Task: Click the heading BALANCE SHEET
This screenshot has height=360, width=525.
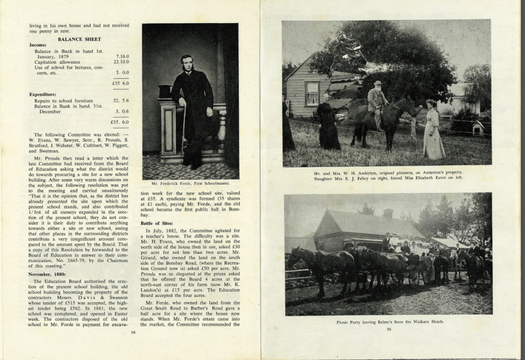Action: click(x=79, y=39)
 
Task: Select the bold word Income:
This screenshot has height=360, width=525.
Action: click(x=38, y=45)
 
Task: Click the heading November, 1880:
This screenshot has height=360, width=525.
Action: click(x=50, y=274)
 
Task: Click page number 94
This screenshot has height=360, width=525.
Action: click(x=133, y=332)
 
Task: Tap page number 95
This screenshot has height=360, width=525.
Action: click(x=388, y=329)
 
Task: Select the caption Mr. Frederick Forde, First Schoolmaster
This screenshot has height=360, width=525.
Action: click(x=190, y=183)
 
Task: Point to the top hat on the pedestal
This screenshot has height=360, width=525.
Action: click(x=165, y=91)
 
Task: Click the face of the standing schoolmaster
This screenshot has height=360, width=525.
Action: click(x=186, y=63)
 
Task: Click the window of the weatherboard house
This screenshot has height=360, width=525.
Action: click(x=312, y=93)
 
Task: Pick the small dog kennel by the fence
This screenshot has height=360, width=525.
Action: click(x=478, y=128)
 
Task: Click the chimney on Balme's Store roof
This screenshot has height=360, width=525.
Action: click(x=388, y=213)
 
